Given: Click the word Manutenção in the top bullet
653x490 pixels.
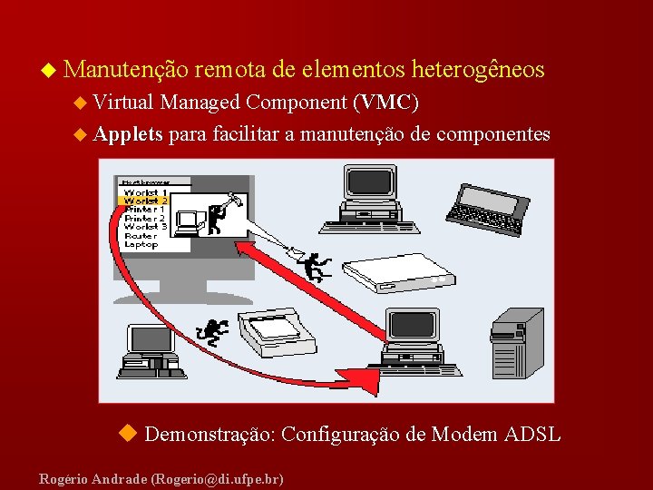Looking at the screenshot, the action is tap(126, 69).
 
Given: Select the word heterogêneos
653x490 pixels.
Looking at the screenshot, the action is tap(478, 69).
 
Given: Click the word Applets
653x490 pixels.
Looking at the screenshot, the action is tap(128, 134).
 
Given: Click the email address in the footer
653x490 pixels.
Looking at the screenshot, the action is tap(218, 477).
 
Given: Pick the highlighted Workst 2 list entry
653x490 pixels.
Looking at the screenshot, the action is tap(145, 201).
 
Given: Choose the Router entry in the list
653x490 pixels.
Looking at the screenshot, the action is tap(141, 235).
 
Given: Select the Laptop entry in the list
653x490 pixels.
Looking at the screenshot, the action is tap(141, 244).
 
